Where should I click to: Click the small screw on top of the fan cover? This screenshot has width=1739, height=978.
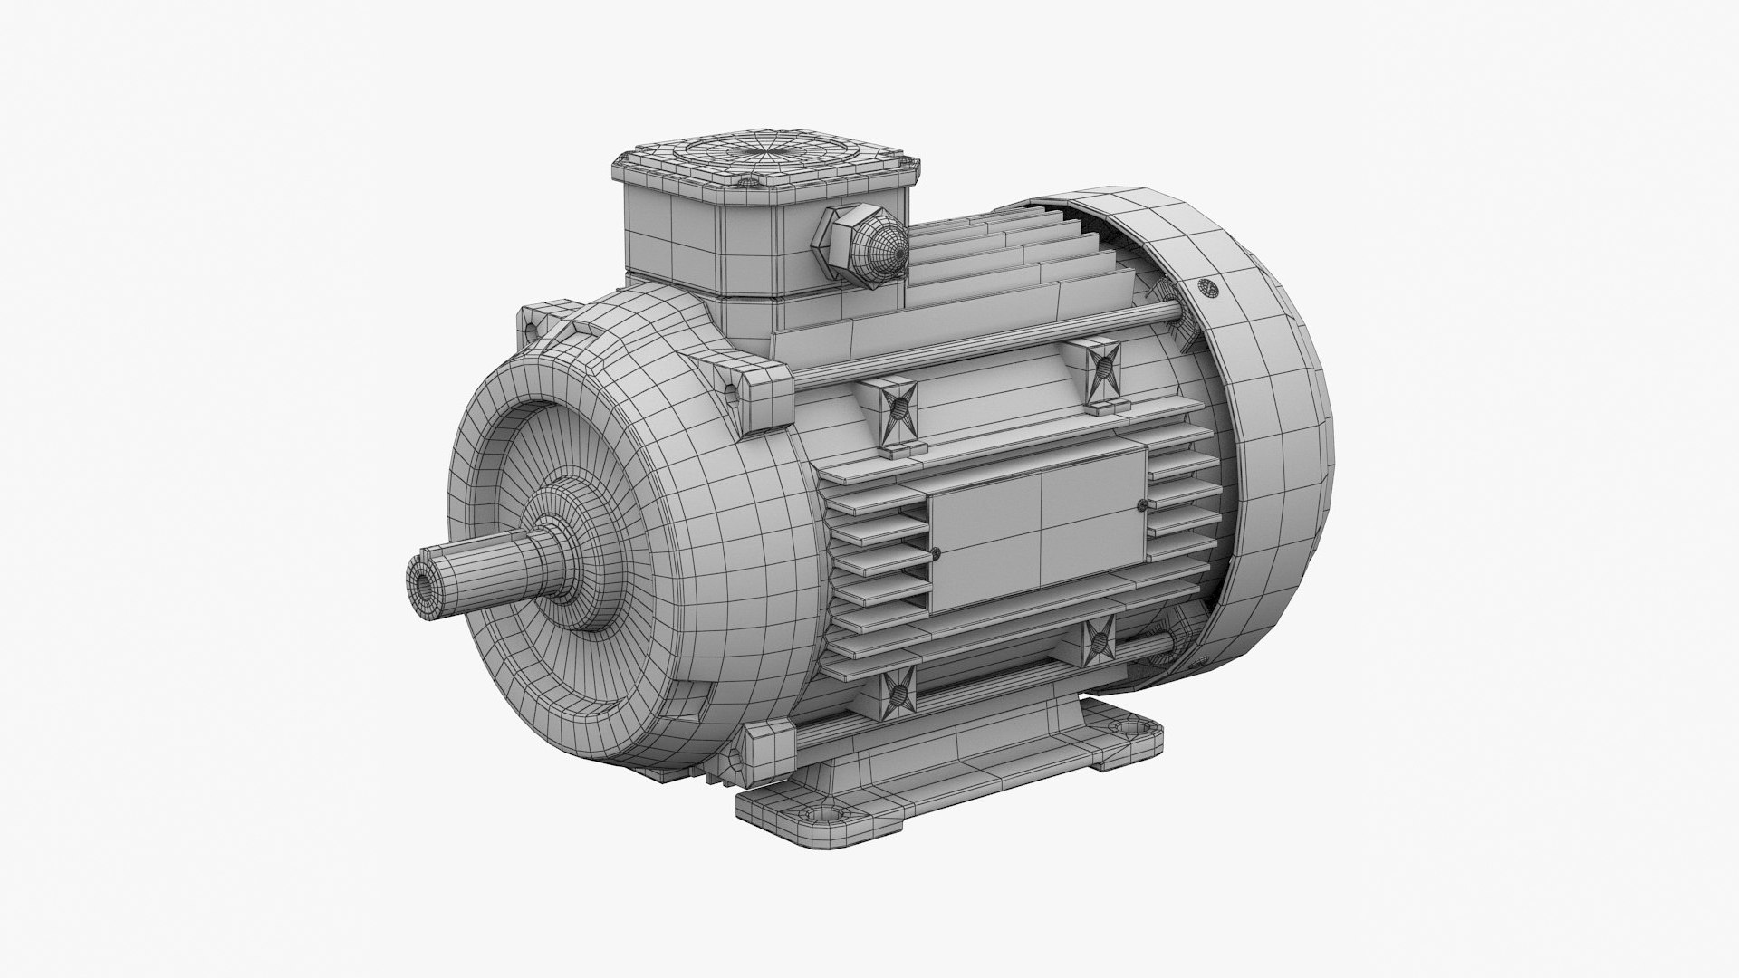1207,287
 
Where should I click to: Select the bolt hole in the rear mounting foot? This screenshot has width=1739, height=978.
1126,727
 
